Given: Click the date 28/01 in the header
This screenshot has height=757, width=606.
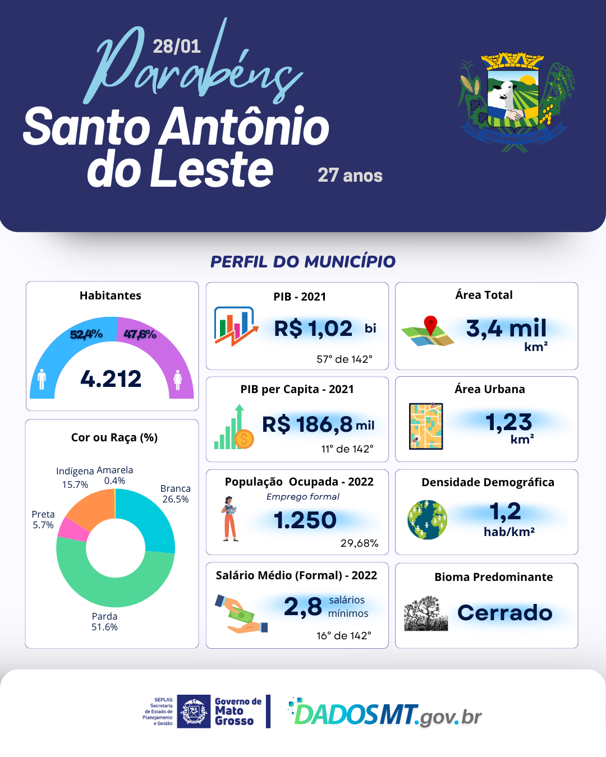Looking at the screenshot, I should [x=176, y=46].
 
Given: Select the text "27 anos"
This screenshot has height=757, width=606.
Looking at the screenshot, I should [x=350, y=176].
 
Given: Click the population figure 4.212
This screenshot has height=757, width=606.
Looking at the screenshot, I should [x=111, y=379].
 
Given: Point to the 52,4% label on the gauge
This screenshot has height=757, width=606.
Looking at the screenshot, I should [x=86, y=335].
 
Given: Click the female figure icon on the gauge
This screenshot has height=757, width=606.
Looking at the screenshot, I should [x=178, y=380].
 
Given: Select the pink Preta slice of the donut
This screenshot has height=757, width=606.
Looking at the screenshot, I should [x=72, y=529].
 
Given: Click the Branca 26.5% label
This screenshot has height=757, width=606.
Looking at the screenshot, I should [x=176, y=494].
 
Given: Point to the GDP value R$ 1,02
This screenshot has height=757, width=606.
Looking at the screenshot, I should [x=313, y=329].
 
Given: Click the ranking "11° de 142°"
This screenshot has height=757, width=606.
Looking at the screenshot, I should [x=347, y=449].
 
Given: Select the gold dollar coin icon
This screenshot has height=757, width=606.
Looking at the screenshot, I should [x=244, y=438].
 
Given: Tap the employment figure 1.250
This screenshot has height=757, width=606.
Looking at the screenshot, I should [x=305, y=520].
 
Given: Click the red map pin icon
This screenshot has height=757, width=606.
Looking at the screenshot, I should [x=430, y=325].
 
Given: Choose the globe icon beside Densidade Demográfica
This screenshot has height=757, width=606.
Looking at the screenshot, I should [x=428, y=520].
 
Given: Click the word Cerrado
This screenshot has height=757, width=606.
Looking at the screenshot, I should [x=505, y=613].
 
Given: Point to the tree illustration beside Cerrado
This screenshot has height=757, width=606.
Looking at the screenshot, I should [x=426, y=614].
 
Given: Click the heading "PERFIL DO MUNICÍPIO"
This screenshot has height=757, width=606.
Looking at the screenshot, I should [x=303, y=261].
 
